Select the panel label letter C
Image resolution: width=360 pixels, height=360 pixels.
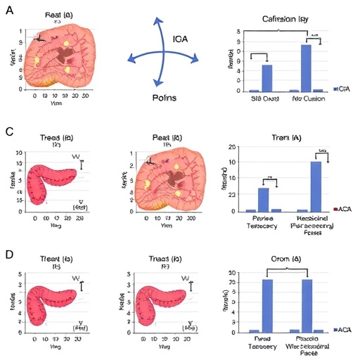click(9, 132)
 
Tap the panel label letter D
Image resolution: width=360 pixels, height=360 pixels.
click(9, 251)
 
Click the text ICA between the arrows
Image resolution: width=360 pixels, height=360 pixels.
click(181, 38)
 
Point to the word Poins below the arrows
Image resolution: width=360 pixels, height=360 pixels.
click(165, 98)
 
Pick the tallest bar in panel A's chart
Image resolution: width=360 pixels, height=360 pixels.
click(306, 68)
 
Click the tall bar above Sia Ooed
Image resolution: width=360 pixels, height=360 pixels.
click(267, 78)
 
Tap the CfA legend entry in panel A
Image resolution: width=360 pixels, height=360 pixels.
click(342, 89)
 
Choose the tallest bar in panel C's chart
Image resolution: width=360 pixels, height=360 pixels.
click(316, 186)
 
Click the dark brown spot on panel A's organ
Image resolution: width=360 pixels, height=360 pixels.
click(68, 54)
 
